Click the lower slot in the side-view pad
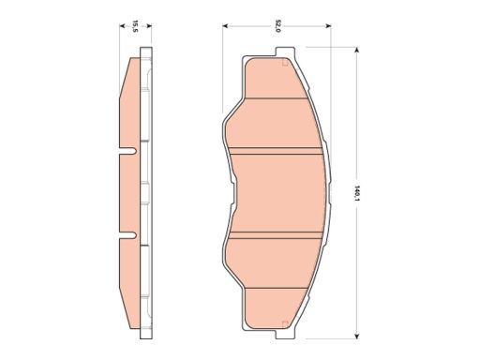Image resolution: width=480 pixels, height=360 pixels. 128,234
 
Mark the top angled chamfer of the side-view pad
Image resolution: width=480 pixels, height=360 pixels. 130,69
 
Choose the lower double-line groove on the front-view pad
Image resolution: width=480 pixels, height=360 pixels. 277,233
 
